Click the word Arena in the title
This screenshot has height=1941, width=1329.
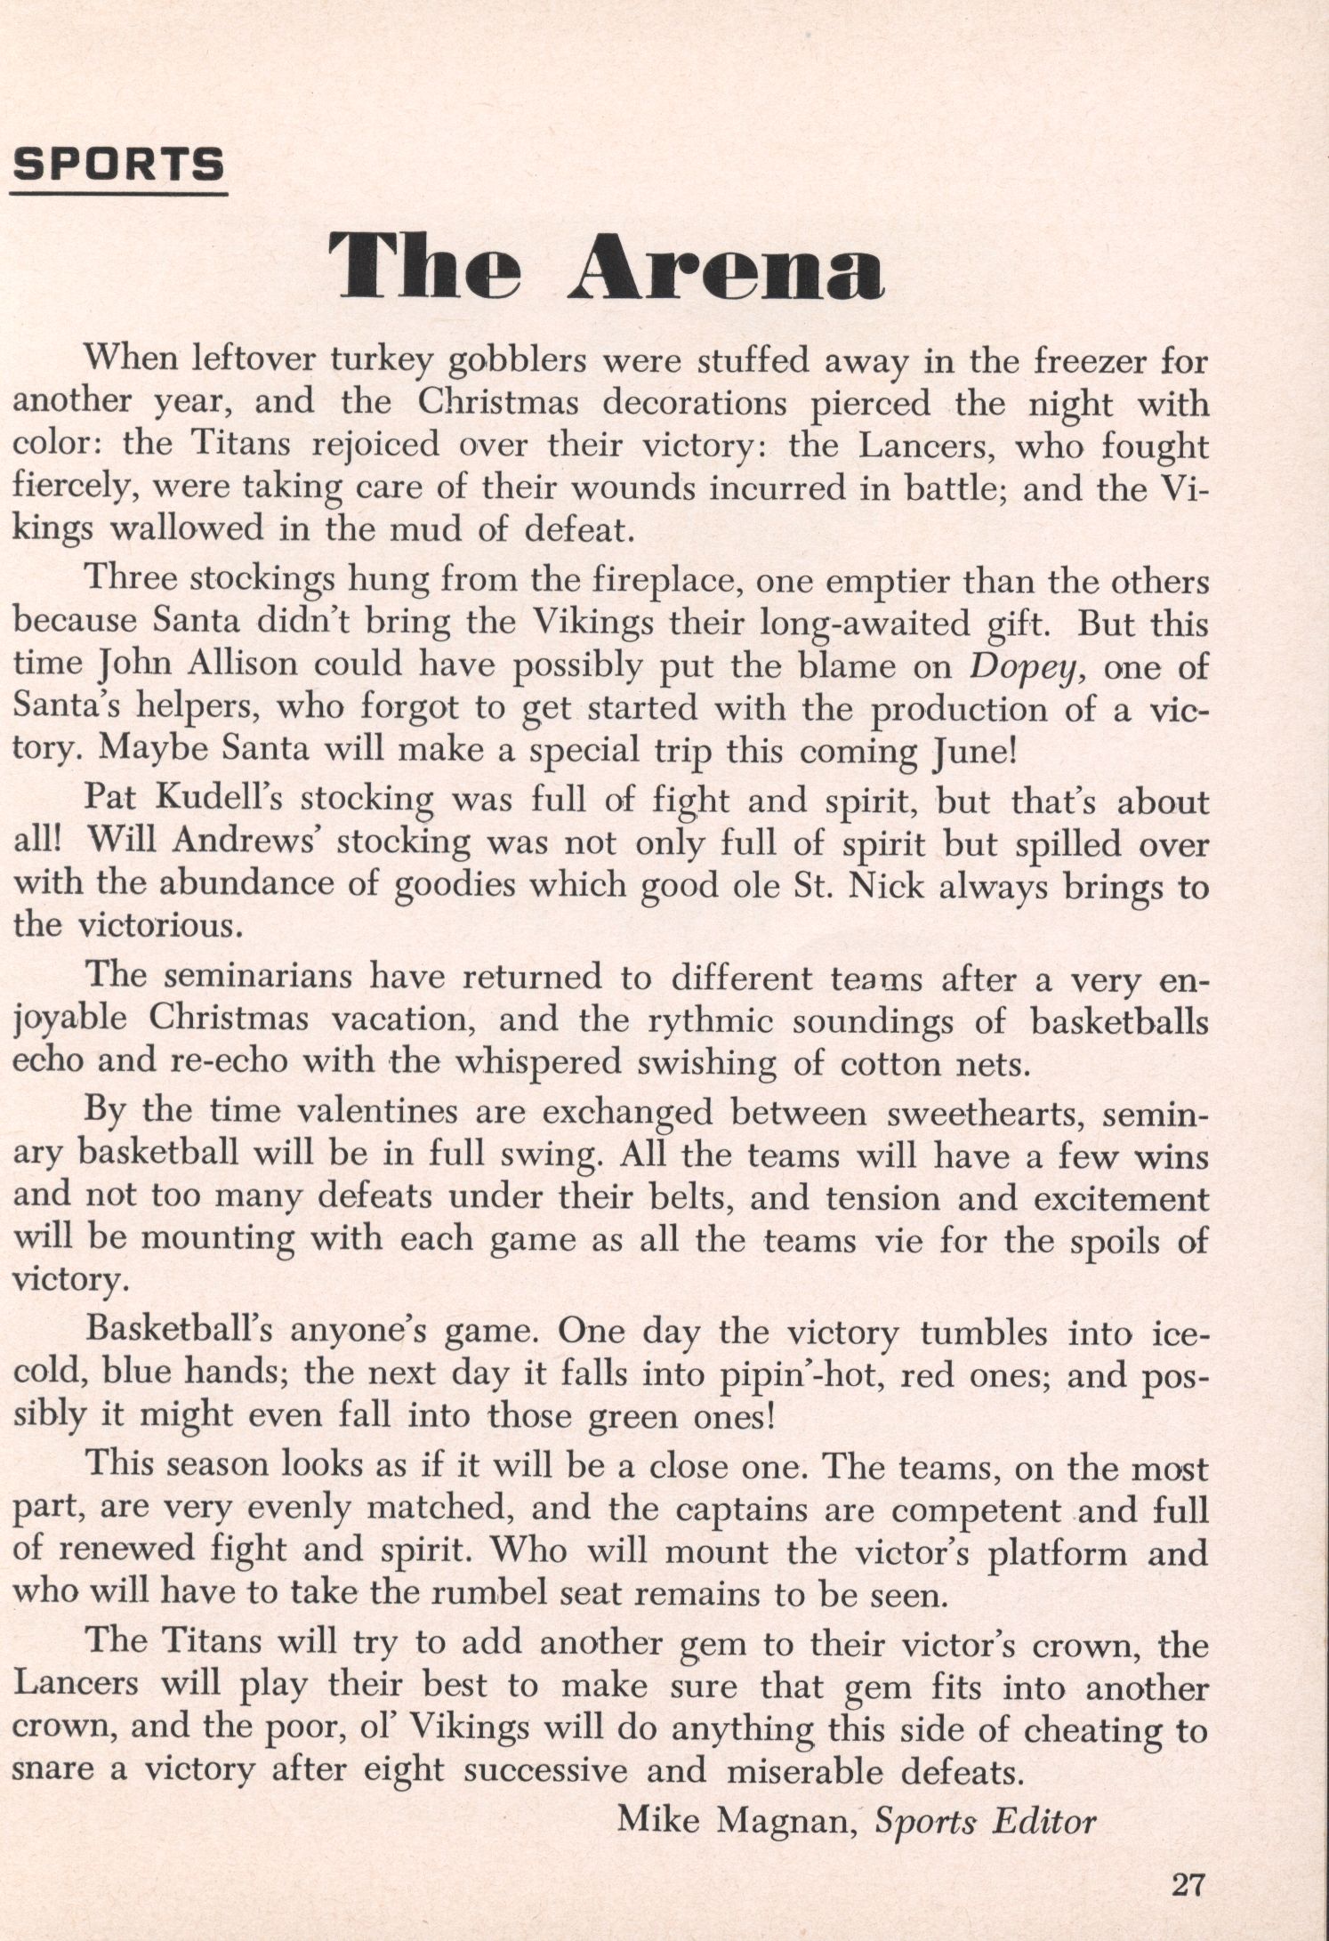725,264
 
